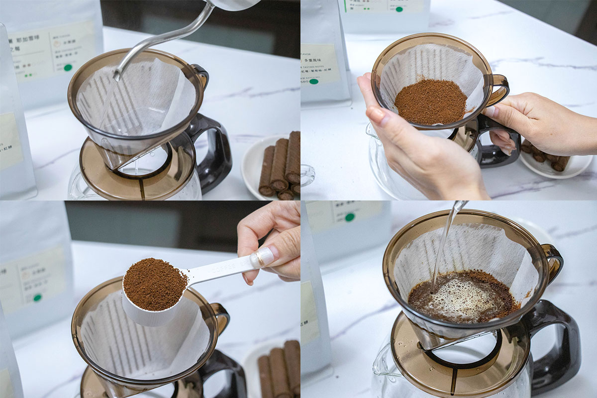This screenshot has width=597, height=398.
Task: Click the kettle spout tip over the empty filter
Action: (116, 76)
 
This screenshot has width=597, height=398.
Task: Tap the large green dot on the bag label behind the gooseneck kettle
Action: (68, 67)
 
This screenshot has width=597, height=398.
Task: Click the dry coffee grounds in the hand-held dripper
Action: (431, 101)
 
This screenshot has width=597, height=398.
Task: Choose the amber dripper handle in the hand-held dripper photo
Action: (498, 90)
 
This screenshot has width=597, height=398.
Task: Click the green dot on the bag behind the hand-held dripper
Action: (313, 81)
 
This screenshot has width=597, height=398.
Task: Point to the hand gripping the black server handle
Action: (542, 124)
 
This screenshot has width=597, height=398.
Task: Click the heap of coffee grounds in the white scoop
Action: (154, 284)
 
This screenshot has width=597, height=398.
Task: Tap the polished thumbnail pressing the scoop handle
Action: (263, 257)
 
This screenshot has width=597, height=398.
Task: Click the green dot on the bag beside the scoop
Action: (37, 297)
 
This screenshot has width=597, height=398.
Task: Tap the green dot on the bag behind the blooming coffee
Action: (350, 217)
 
